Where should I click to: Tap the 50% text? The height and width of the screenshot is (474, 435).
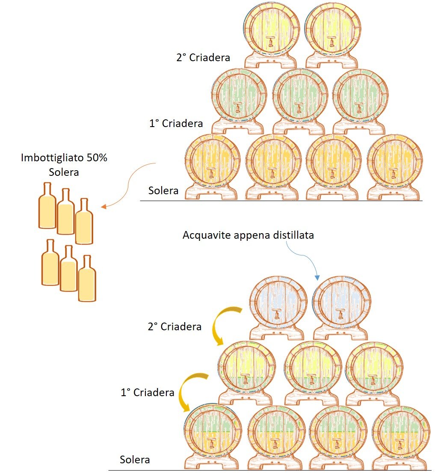click(x=97, y=157)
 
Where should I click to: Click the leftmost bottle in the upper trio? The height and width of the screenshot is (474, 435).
click(x=47, y=206)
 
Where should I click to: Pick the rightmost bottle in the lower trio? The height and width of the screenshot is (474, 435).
click(x=87, y=278)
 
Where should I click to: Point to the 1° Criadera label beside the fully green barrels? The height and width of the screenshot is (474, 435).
click(x=176, y=124)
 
